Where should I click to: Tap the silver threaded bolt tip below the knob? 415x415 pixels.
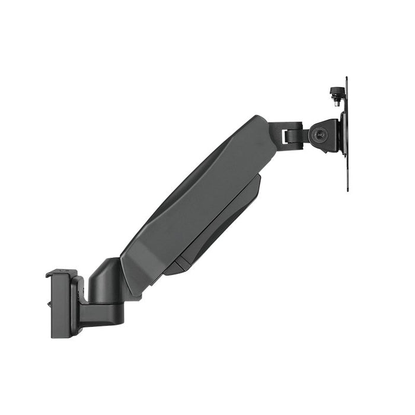point(337,103)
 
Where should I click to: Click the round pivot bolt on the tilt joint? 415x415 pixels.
point(321,135)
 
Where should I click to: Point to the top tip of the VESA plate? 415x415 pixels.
point(347,78)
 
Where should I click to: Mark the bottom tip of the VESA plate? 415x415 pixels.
point(347,189)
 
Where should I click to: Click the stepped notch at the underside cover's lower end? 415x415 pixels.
point(172,270)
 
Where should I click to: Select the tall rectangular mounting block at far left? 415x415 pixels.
point(60,305)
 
